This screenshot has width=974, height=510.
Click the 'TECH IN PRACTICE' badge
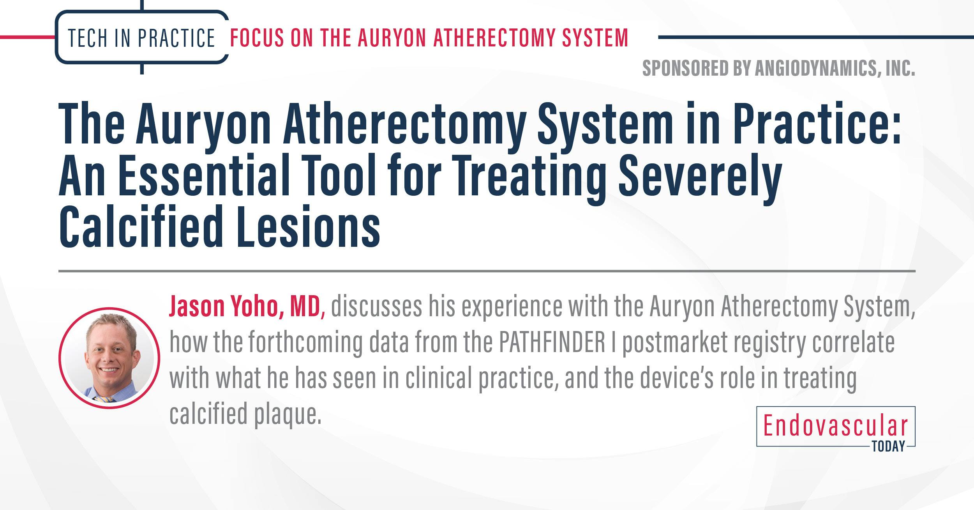pos(141,38)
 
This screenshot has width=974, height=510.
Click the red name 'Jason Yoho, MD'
pos(244,307)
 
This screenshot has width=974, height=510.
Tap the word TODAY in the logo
pos(889,446)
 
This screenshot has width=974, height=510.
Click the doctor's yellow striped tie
pos(104,398)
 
